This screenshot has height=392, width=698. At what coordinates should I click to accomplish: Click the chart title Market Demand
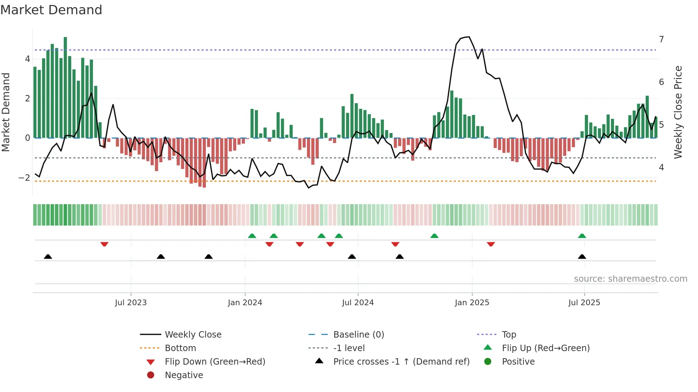pyautogui.click(x=51, y=10)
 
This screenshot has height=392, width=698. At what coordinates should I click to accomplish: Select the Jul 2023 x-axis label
pyautogui.click(x=131, y=303)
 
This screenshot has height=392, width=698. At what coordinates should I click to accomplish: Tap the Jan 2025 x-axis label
pyautogui.click(x=472, y=303)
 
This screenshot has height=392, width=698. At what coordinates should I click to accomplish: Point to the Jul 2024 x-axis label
pyautogui.click(x=358, y=303)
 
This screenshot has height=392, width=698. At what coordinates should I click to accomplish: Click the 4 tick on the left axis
pyautogui.click(x=27, y=59)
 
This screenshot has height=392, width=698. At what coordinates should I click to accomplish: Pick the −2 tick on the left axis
pyautogui.click(x=24, y=178)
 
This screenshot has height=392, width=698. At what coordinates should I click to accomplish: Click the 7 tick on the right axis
pyautogui.click(x=661, y=39)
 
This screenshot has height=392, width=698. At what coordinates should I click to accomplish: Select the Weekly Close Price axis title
pyautogui.click(x=678, y=112)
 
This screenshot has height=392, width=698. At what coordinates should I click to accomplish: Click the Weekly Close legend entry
pyautogui.click(x=193, y=335)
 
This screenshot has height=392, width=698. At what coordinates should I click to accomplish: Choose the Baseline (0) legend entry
pyautogui.click(x=358, y=335)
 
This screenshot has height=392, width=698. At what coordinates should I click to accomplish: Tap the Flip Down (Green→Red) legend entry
pyautogui.click(x=215, y=362)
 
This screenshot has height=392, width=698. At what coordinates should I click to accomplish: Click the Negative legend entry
pyautogui.click(x=184, y=375)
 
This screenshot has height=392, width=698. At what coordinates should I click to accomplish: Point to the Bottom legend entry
pyautogui.click(x=180, y=348)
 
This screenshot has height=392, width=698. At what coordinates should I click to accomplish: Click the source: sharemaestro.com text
pyautogui.click(x=630, y=279)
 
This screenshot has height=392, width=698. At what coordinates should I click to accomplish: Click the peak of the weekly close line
pyautogui.click(x=469, y=37)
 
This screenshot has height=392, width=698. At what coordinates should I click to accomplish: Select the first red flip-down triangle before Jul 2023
pyautogui.click(x=104, y=244)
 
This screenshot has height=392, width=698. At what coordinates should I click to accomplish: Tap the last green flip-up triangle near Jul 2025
pyautogui.click(x=582, y=236)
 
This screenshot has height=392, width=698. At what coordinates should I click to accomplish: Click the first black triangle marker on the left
pyautogui.click(x=48, y=256)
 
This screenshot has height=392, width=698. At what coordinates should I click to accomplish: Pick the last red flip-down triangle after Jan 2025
pyautogui.click(x=491, y=244)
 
